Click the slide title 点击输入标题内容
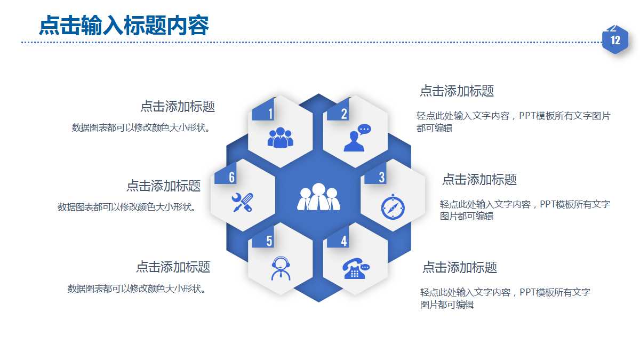pos(124,26)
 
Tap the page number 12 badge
pos(615,40)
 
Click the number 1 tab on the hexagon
pos(270,113)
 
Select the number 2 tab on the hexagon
pos(344,113)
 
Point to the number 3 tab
pos(381,177)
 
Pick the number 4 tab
pos(344,241)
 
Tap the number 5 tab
pos(269,241)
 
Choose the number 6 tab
pos(232,177)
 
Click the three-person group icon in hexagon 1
pos(280,138)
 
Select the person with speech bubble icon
pos(356,138)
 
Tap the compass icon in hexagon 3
pos(393,206)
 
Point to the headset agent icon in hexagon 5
pos(281,268)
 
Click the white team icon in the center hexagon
pos(318,197)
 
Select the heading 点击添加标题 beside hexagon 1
pos(177,106)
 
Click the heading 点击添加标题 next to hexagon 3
pos(479,179)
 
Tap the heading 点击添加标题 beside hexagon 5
pos(173,266)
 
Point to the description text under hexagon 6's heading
pos(127,207)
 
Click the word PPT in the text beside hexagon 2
pos(527,116)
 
